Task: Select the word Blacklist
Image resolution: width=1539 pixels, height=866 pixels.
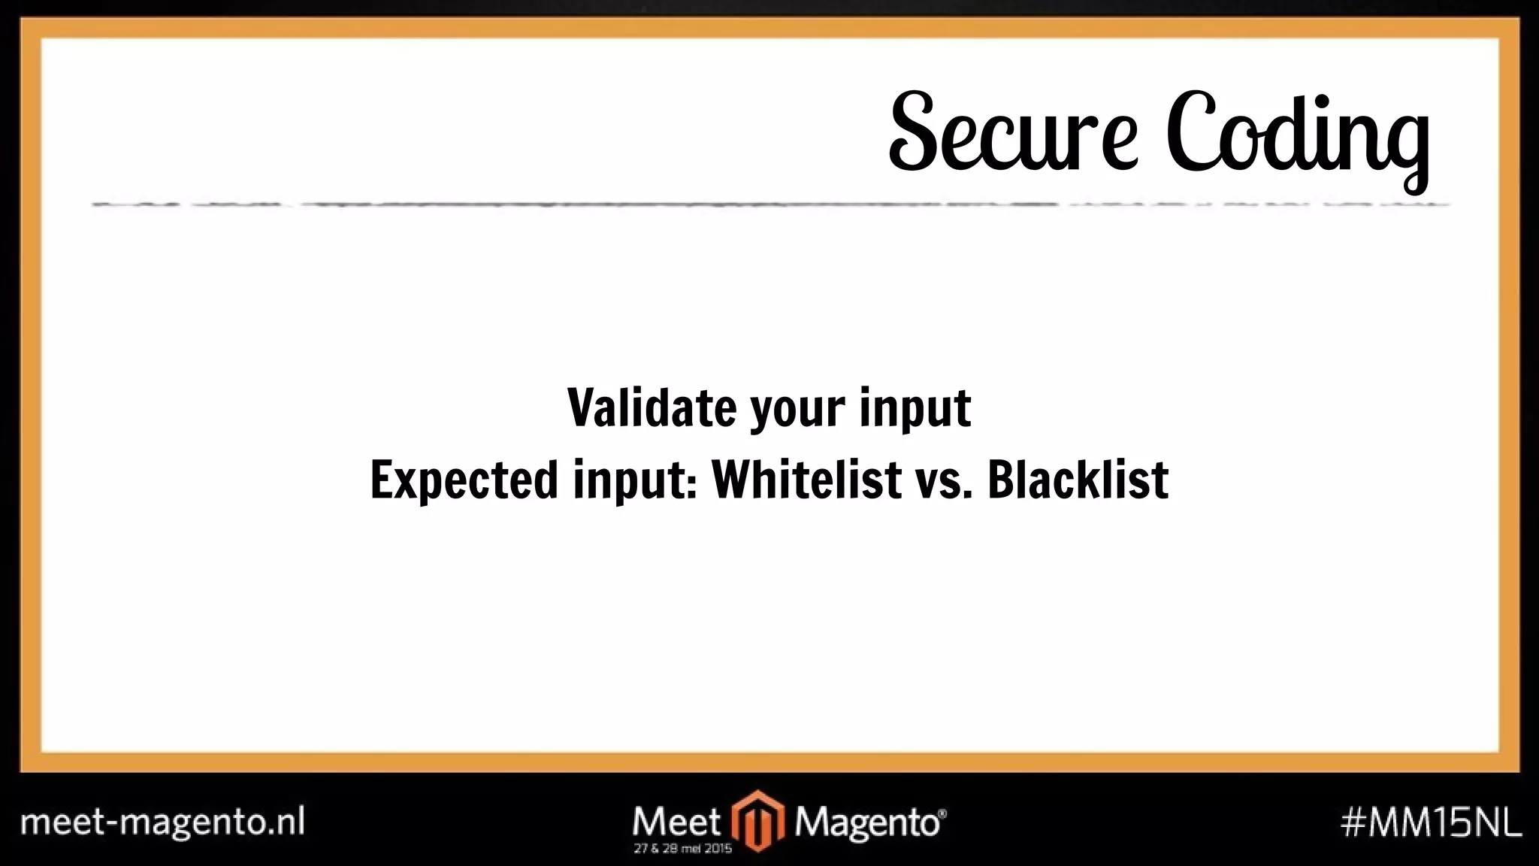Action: pyautogui.click(x=1078, y=480)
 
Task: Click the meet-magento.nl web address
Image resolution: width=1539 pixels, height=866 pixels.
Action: pyautogui.click(x=162, y=822)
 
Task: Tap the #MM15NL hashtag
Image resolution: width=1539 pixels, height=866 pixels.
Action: pyautogui.click(x=1431, y=822)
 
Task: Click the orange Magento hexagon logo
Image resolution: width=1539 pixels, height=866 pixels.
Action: pyautogui.click(x=758, y=821)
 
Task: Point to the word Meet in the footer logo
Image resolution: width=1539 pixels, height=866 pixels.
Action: pyautogui.click(x=676, y=820)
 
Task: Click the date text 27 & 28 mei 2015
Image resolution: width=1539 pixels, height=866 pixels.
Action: pyautogui.click(x=682, y=849)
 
